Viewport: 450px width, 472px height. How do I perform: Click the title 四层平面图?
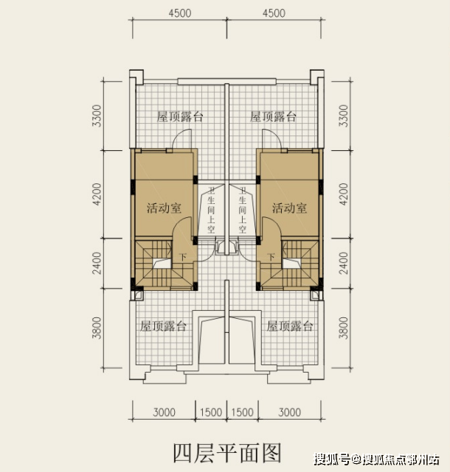click(226, 450)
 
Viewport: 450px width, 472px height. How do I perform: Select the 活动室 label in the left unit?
click(164, 208)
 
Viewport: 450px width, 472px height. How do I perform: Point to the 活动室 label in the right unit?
click(289, 208)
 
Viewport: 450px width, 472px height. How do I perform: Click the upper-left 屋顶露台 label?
click(180, 117)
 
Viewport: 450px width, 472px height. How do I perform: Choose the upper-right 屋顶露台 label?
click(273, 117)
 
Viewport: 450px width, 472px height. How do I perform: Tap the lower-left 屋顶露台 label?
click(163, 325)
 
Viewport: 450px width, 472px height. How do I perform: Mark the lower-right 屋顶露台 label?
click(290, 325)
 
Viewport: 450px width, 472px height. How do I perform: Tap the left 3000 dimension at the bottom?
click(164, 412)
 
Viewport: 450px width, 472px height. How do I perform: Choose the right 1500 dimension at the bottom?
click(242, 412)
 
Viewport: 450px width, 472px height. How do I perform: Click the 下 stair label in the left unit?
click(183, 257)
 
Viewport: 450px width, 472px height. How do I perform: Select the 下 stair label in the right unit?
click(271, 257)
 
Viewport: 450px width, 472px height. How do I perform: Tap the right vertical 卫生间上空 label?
click(241, 210)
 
